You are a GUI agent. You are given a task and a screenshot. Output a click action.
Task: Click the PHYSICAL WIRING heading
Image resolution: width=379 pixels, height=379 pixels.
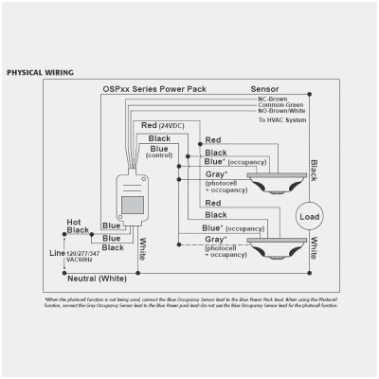[x=40, y=73]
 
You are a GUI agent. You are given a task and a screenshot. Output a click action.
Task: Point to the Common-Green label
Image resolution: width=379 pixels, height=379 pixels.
[x=280, y=104]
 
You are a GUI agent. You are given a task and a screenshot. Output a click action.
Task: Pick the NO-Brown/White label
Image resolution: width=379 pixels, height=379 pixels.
[x=282, y=111]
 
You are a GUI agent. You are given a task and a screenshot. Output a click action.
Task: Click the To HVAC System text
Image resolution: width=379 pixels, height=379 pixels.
[x=282, y=120]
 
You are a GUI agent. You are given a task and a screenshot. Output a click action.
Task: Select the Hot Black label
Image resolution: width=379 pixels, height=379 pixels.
[x=79, y=226]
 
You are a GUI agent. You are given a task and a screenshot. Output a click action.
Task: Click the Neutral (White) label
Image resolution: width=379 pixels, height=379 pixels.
[x=94, y=280]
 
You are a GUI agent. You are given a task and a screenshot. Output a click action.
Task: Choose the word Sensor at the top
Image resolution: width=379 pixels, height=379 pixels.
[x=265, y=89]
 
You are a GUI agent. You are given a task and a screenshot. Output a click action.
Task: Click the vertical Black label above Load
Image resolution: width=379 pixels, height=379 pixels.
[x=314, y=171]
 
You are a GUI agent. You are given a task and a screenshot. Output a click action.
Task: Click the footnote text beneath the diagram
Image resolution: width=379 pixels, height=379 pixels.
[x=189, y=301]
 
